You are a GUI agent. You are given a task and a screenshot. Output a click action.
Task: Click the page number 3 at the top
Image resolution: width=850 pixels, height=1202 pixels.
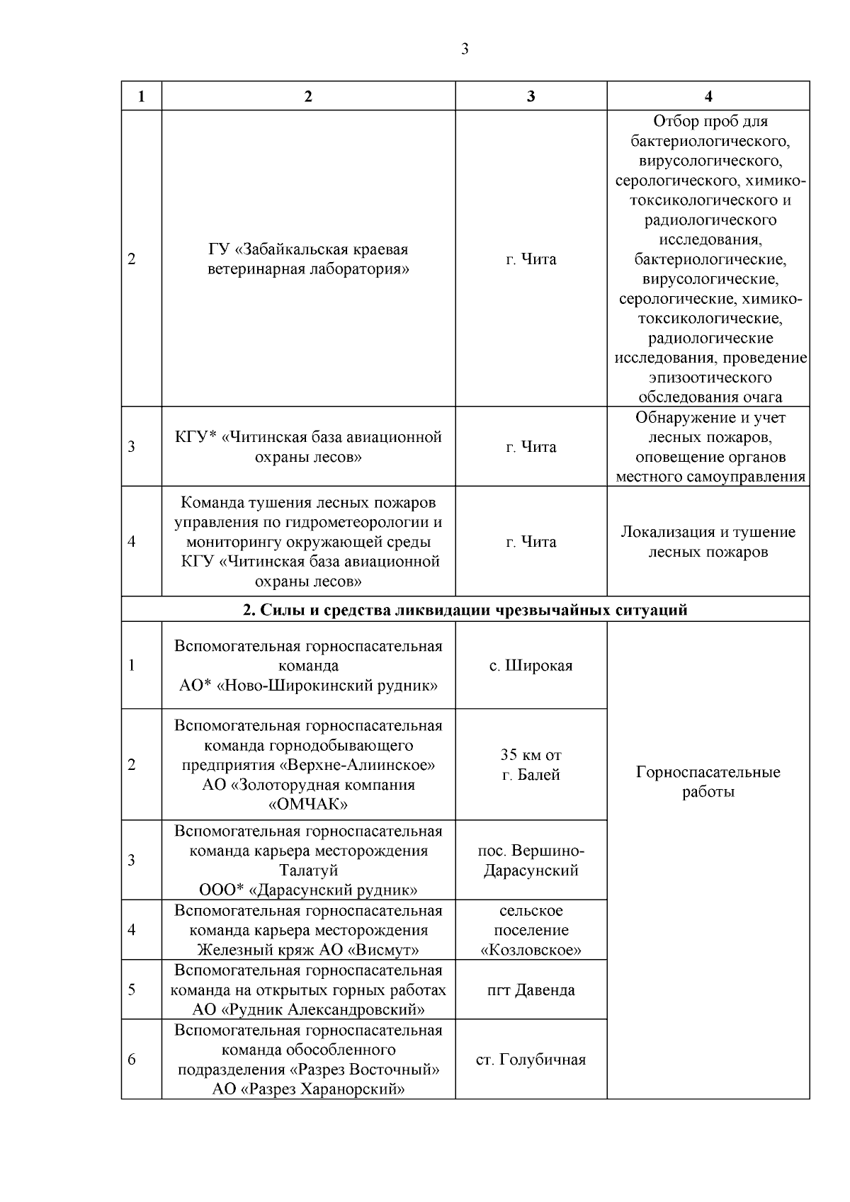click(465, 49)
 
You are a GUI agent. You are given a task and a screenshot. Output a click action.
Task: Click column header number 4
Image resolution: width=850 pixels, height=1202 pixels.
click(708, 97)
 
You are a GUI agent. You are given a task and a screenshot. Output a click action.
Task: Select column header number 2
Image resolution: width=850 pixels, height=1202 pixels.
click(308, 97)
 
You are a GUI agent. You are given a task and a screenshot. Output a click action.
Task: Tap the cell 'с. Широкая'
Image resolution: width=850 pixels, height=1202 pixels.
click(531, 666)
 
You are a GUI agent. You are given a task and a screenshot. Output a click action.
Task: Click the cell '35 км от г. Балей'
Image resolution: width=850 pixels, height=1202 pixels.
click(531, 765)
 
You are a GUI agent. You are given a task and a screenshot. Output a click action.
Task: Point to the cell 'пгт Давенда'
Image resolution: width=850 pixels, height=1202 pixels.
click(531, 990)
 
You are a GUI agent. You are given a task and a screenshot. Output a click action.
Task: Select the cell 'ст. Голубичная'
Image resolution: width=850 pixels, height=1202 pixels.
click(531, 1060)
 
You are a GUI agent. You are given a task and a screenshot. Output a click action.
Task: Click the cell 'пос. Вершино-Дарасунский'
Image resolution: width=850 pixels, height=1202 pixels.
click(531, 861)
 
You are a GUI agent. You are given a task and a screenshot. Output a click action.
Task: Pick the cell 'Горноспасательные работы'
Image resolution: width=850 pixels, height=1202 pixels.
click(708, 782)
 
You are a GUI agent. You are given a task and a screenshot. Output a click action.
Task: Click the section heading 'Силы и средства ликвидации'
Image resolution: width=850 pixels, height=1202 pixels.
click(465, 610)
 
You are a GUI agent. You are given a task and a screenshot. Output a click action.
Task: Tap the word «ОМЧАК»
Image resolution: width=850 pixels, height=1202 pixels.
click(308, 805)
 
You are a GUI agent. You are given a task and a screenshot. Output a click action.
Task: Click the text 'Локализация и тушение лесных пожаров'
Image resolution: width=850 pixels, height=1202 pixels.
click(708, 542)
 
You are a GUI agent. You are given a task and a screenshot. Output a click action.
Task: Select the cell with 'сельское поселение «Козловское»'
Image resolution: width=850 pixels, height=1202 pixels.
click(531, 930)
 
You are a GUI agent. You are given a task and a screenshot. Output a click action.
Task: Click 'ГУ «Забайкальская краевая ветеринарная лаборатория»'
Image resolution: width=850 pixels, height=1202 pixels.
click(308, 259)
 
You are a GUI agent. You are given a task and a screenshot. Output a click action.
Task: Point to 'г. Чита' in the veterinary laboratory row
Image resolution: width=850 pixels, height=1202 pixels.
click(531, 259)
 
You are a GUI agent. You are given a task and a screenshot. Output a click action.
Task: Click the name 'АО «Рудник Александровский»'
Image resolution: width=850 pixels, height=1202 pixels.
click(308, 1009)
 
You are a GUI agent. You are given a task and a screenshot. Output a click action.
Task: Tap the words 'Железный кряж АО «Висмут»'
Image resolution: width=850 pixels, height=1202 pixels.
click(308, 950)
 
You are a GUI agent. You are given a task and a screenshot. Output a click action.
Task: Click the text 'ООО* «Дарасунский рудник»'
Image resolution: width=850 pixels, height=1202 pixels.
click(308, 890)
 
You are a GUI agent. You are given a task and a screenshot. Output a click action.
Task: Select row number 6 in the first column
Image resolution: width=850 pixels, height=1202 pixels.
click(132, 1060)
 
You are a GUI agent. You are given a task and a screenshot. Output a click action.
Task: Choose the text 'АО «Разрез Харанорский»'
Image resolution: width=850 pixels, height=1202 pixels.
click(308, 1089)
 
